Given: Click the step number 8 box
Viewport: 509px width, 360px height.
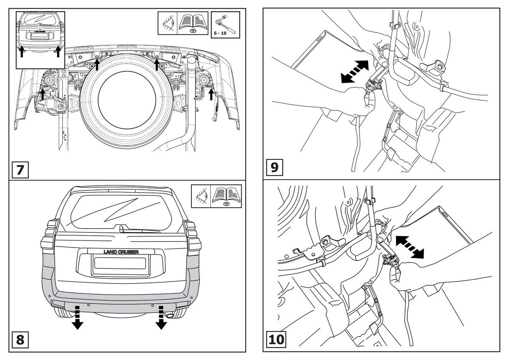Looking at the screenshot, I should coord(20,340).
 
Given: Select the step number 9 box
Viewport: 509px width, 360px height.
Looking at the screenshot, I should coord(274,167).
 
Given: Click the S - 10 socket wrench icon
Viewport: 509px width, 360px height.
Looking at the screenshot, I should coord(225,24).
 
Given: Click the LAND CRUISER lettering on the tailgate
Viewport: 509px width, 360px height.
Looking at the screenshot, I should coord(121,252).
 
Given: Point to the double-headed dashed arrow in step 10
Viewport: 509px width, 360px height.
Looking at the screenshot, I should coord(409,247).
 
